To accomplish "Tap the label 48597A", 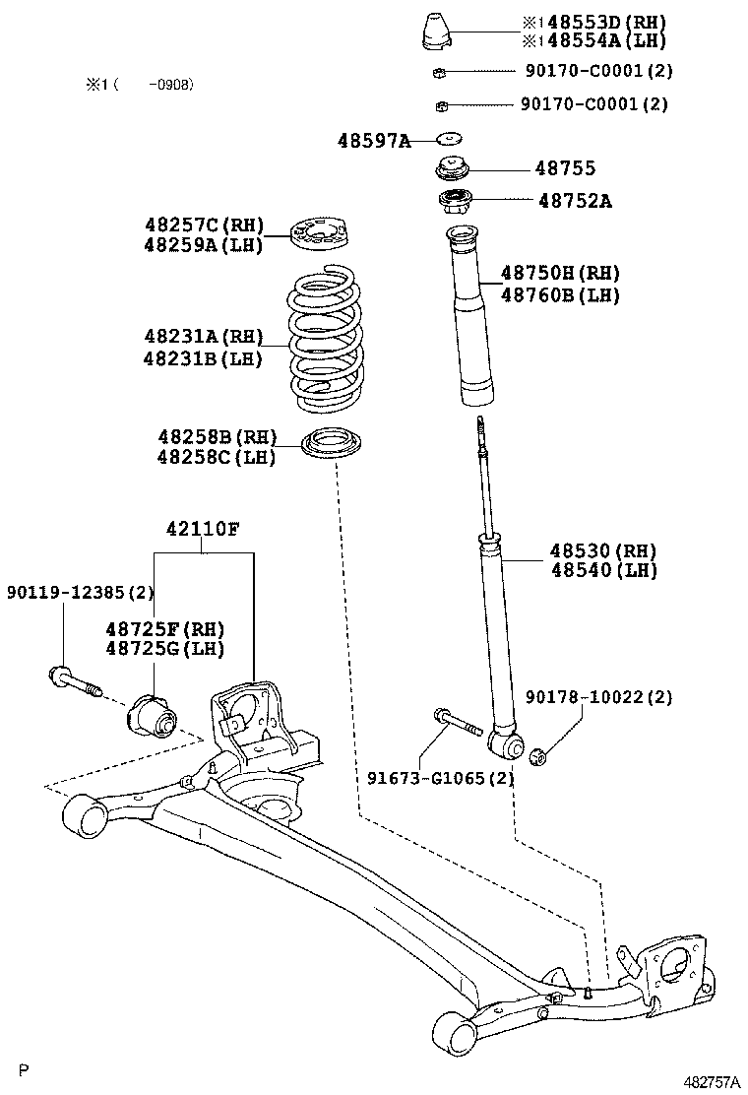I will pyautogui.click(x=374, y=141).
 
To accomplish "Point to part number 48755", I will pyautogui.click(x=565, y=169).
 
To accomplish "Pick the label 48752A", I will pyautogui.click(x=575, y=201).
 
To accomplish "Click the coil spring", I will pyautogui.click(x=325, y=345).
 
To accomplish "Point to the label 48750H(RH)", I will pyautogui.click(x=560, y=273).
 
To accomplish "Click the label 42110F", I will pyautogui.click(x=202, y=529).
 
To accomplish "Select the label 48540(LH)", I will pyautogui.click(x=603, y=570).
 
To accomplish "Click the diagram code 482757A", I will pyautogui.click(x=714, y=1081).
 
